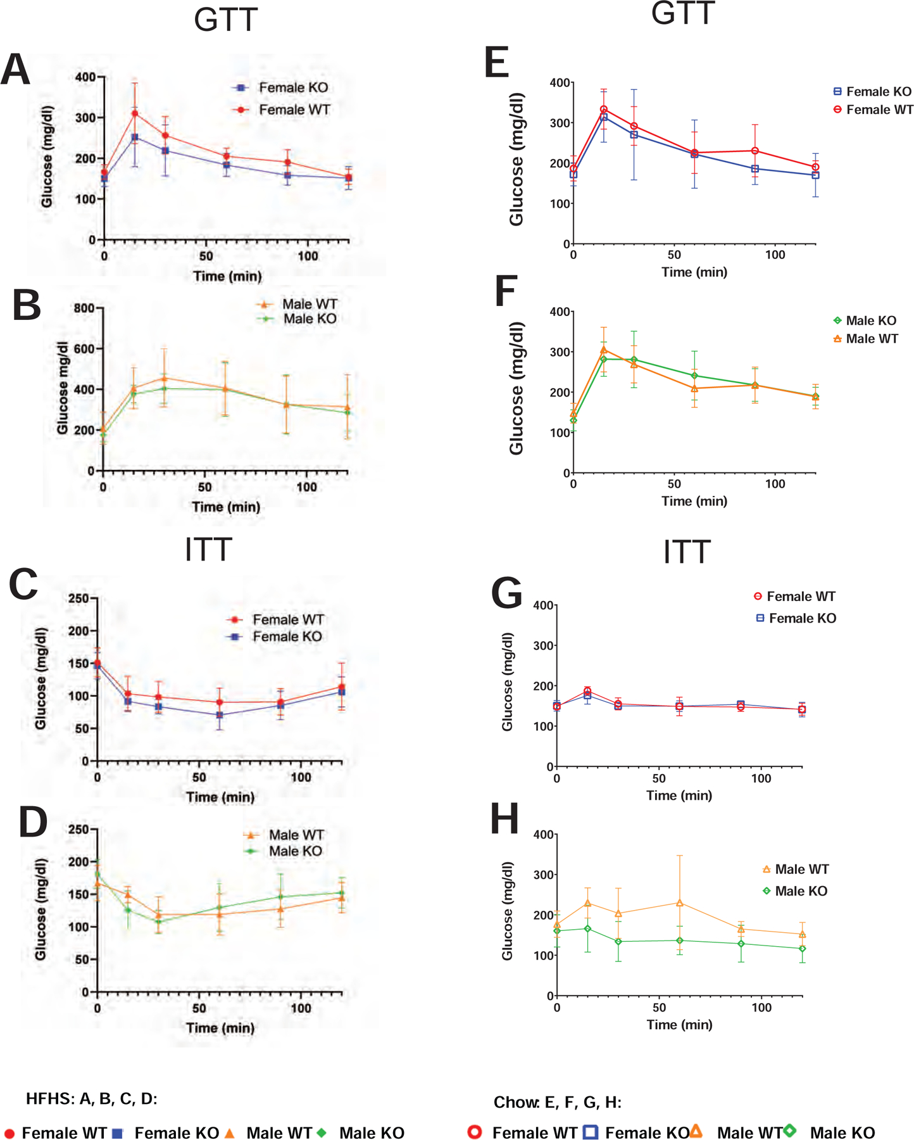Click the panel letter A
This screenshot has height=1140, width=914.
(x=16, y=70)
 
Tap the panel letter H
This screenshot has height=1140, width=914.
(x=505, y=819)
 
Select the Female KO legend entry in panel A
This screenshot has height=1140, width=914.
(x=293, y=88)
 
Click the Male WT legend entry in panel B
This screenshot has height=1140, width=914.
(x=309, y=305)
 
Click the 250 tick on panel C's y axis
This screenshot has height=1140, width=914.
(x=78, y=598)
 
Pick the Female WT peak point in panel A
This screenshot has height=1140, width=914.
(x=134, y=114)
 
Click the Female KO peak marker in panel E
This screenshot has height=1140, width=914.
(x=604, y=117)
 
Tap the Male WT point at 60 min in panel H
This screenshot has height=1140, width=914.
(x=680, y=903)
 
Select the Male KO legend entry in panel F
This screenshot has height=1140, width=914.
(x=870, y=321)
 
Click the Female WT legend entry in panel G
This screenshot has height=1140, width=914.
(x=800, y=597)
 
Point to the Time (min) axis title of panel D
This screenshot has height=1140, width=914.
(x=220, y=1027)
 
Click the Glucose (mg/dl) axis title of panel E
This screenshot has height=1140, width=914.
(x=516, y=159)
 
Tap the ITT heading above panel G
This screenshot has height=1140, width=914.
(x=686, y=552)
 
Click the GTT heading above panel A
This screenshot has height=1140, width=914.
(x=225, y=20)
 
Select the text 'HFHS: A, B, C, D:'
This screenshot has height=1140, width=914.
(x=92, y=1099)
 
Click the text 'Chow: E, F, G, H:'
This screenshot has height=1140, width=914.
(x=557, y=1103)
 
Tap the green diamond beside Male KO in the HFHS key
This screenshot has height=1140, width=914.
(x=322, y=1132)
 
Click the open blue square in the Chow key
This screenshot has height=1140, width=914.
(x=590, y=1132)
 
